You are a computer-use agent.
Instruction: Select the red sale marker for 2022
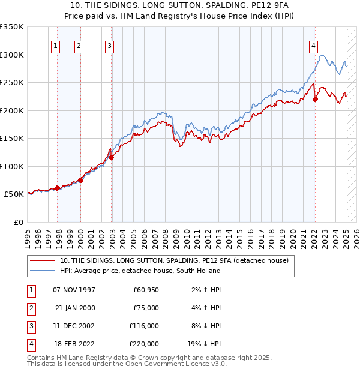pyautogui.click(x=315, y=99)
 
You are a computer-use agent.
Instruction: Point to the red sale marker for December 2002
pyautogui.click(x=111, y=157)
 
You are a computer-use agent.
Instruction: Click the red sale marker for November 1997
pyautogui.click(x=58, y=188)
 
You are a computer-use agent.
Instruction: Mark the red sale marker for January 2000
pyautogui.click(x=80, y=180)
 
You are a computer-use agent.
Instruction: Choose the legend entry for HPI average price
pyautogui.click(x=140, y=271)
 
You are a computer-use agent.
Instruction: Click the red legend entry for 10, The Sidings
pyautogui.click(x=174, y=260)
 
